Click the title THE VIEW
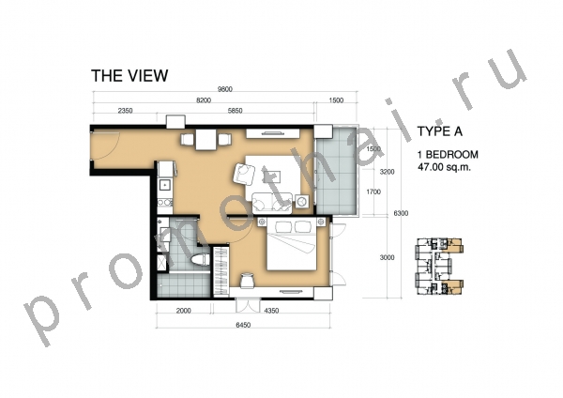(129, 76)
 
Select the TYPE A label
(439, 131)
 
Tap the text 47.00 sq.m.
(444, 167)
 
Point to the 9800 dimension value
(225, 89)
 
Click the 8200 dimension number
(204, 100)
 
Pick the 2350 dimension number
(125, 111)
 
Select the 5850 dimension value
(235, 111)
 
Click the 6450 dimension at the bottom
(243, 325)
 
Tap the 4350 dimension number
(271, 311)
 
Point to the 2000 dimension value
(184, 311)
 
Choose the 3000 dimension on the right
(387, 257)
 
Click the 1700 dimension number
(373, 192)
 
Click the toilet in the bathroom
(199, 260)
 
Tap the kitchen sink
(165, 185)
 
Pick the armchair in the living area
(245, 173)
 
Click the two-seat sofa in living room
(272, 203)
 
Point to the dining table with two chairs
(205, 139)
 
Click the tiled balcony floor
(337, 171)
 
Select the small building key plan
(439, 267)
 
